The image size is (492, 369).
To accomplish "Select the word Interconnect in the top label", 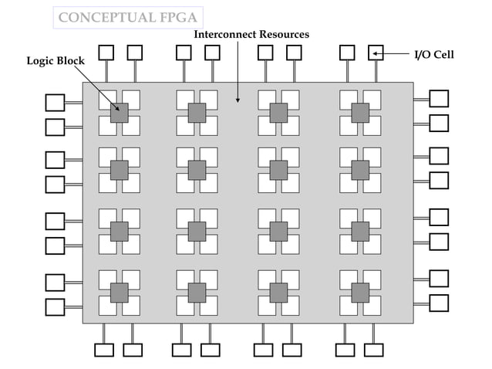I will click(x=223, y=36).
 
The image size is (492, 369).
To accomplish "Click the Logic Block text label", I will click(x=56, y=60).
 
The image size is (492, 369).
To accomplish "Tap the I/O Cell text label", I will click(x=434, y=54).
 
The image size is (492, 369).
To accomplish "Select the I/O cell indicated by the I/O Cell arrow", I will click(x=376, y=52).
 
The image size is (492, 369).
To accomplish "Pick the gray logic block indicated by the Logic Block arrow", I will click(x=119, y=113).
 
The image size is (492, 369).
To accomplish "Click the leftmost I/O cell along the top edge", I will click(x=106, y=52).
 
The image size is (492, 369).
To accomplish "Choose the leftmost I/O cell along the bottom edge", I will click(x=103, y=350).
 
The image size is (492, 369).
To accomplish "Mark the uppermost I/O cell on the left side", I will click(x=55, y=102).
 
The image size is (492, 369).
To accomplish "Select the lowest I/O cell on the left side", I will click(x=55, y=306).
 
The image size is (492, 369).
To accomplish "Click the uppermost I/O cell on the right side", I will click(x=439, y=98).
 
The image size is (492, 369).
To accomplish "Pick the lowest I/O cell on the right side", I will click(x=439, y=302).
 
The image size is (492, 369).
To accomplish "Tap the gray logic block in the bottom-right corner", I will click(x=360, y=293).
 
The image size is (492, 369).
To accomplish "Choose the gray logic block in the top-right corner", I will click(x=360, y=113).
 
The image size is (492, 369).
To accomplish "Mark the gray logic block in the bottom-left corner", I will click(x=119, y=293).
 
